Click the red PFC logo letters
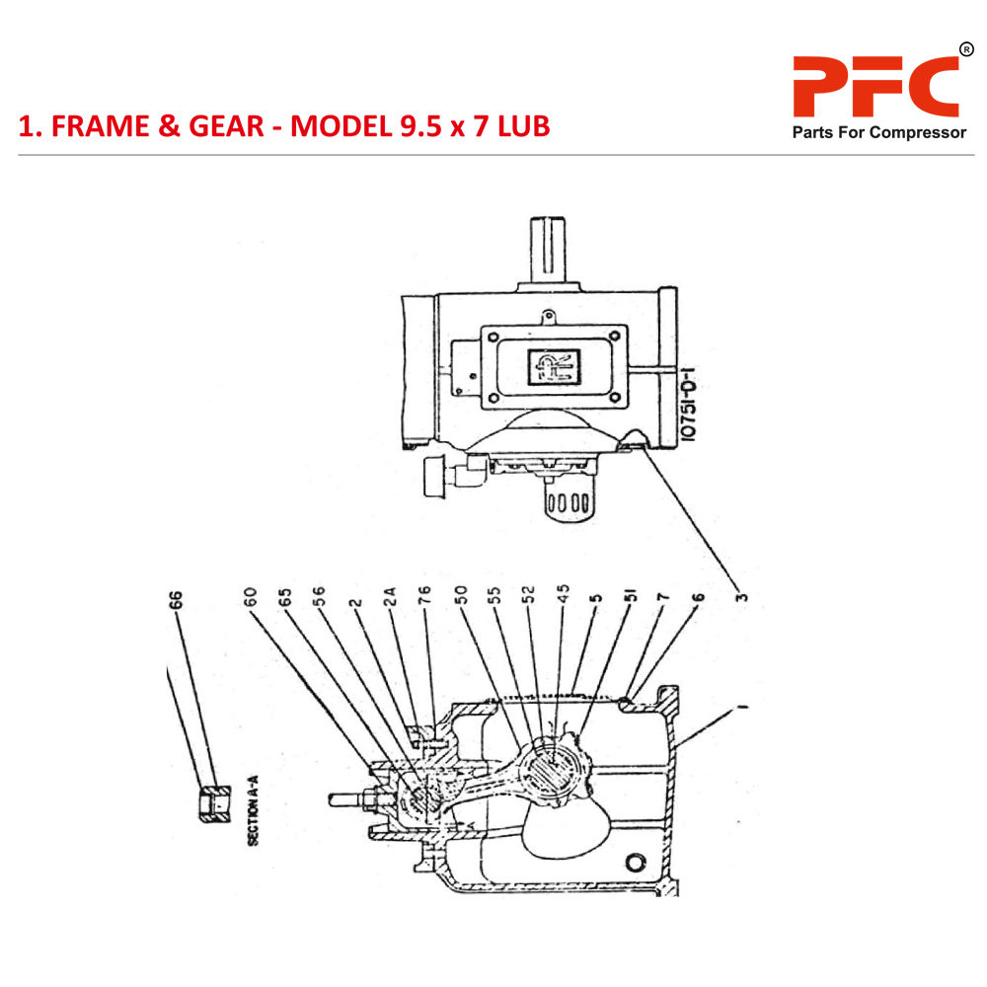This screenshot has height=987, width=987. tap(875, 87)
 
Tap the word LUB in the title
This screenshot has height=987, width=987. tap(516, 126)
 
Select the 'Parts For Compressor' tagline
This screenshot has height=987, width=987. tap(879, 133)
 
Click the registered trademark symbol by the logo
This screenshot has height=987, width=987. tap(965, 49)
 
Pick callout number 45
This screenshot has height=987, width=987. tap(564, 596)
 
